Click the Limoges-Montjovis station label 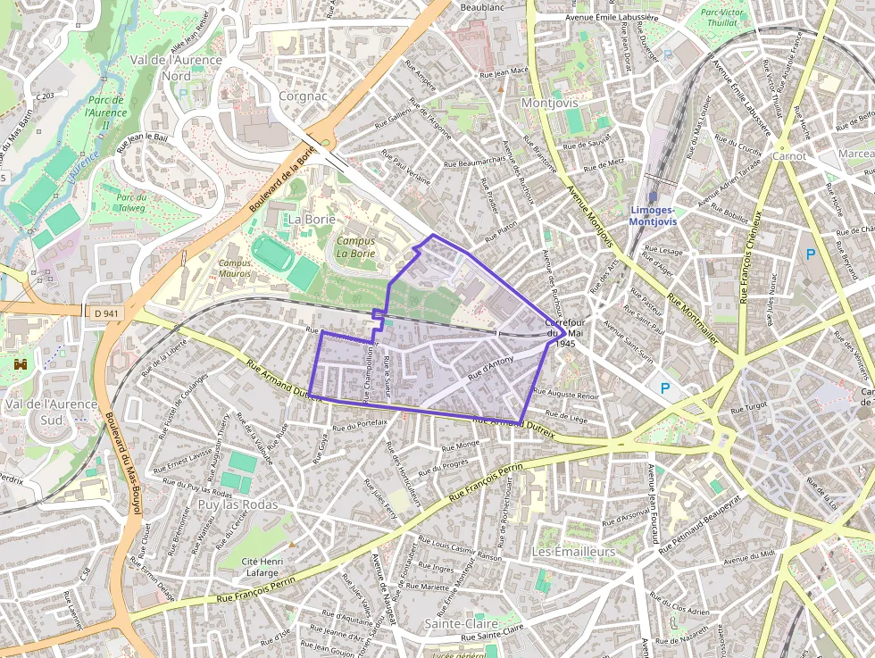tap(653, 215)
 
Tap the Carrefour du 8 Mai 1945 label tap(563, 332)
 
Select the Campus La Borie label tap(355, 246)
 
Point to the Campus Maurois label tap(235, 268)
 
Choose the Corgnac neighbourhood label tap(304, 96)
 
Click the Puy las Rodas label tap(237, 504)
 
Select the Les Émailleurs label tap(574, 552)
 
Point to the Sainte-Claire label tap(462, 622)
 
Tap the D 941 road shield tap(105, 313)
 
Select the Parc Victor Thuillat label tap(722, 19)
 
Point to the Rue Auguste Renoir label tap(572, 394)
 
